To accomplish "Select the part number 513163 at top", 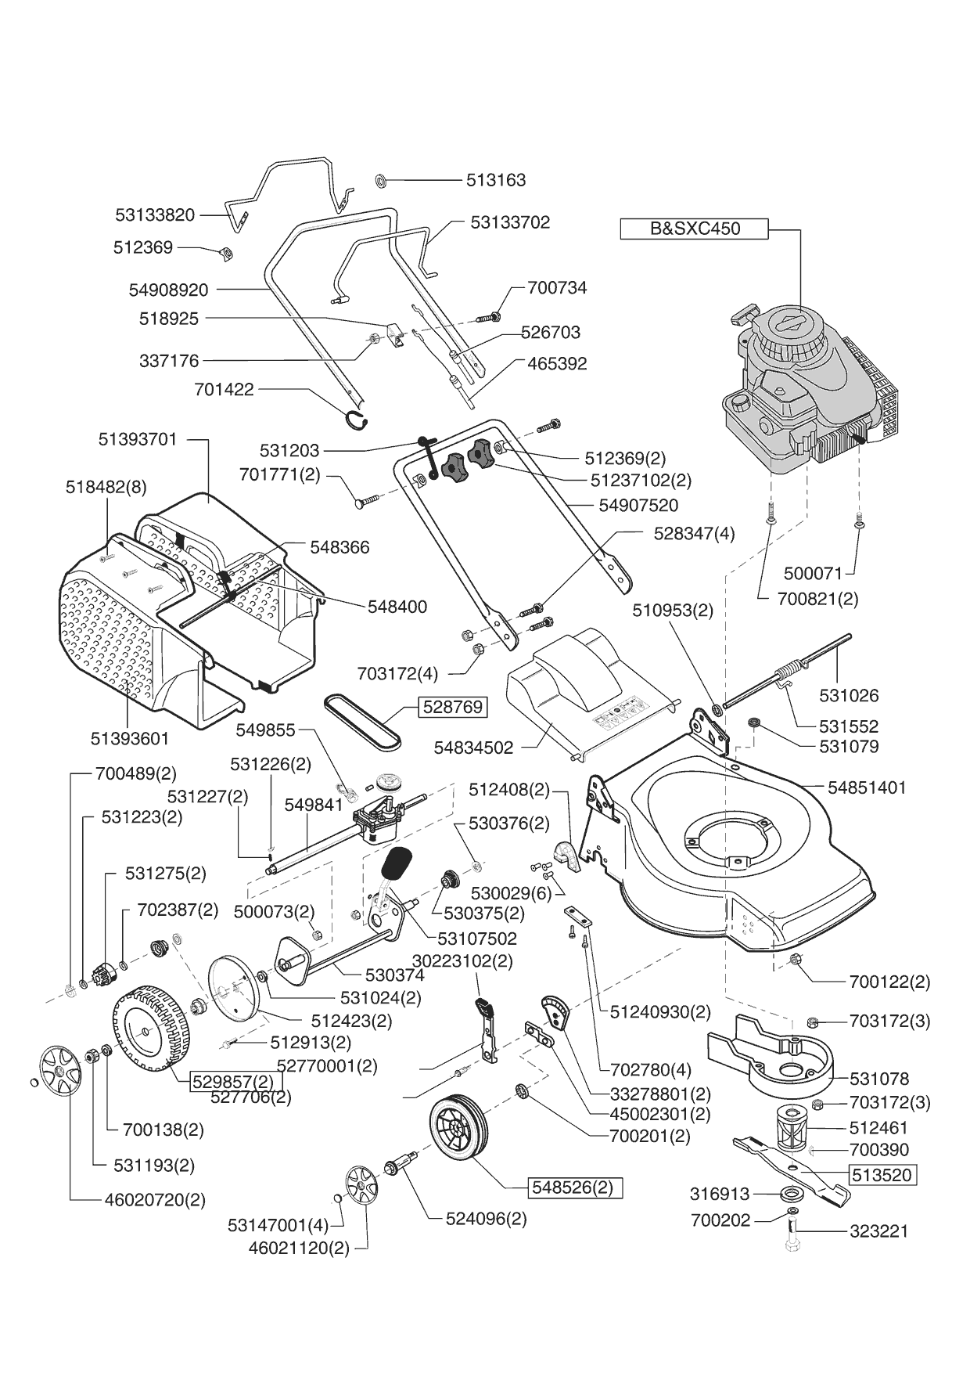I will [496, 180].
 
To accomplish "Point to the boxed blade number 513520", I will [882, 1175].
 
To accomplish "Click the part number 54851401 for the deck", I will [867, 787].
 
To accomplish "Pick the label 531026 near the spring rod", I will [849, 695].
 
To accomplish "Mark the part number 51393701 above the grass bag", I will [138, 439].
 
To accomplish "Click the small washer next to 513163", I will [381, 180].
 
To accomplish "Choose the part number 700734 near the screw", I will [557, 287].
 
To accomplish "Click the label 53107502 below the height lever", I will [477, 938].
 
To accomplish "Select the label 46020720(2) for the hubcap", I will [155, 1199].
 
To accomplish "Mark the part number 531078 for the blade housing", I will [879, 1079].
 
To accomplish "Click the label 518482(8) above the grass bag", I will [106, 487].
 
